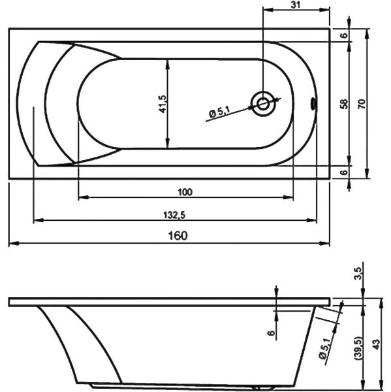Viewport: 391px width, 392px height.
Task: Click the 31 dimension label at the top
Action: pos(295,5)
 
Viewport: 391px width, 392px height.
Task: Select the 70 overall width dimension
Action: pos(362,104)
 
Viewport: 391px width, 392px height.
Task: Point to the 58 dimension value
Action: pos(344,104)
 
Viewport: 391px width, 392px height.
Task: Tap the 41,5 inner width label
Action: pos(163,104)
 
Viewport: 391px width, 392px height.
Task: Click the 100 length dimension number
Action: pos(185,192)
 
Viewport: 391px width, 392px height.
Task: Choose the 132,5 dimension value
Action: pos(174,215)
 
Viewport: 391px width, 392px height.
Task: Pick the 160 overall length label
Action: pos(178,235)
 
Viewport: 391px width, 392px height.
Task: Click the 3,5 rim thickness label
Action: pos(358,274)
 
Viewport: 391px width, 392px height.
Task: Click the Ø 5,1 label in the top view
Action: pos(219,111)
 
